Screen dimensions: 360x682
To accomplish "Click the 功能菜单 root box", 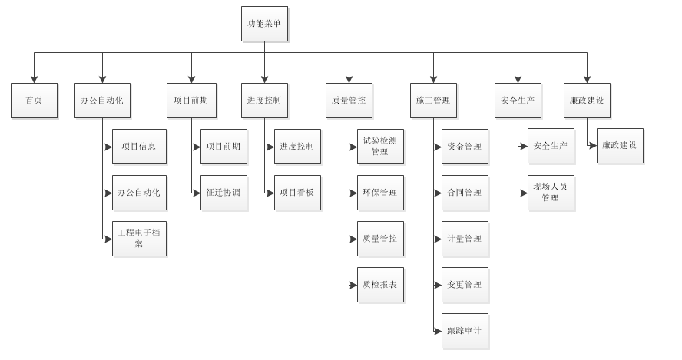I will [264, 24].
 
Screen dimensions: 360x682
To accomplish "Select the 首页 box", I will [35, 101].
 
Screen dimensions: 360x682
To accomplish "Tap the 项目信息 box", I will [139, 147].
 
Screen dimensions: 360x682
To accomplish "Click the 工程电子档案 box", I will [139, 238].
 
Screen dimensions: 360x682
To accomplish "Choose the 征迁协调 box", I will [223, 192].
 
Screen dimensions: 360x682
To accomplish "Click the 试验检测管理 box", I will [379, 147].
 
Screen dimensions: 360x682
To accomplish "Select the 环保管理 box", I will [379, 192].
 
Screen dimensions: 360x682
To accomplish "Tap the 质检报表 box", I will [379, 285].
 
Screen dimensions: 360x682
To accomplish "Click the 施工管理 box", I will [432, 101].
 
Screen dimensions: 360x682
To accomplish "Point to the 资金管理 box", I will [464, 147].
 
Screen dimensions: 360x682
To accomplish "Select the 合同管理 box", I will [464, 192].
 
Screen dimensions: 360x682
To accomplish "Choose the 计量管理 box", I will [464, 238].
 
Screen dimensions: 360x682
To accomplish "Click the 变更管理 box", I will [464, 285].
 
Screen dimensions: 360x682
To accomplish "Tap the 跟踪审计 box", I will [464, 331].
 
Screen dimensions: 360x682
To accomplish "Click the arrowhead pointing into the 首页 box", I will [35, 79].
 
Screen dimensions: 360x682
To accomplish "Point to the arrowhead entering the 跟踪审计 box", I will [438, 331].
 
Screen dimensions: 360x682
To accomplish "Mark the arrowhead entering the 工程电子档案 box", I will [108, 239].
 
